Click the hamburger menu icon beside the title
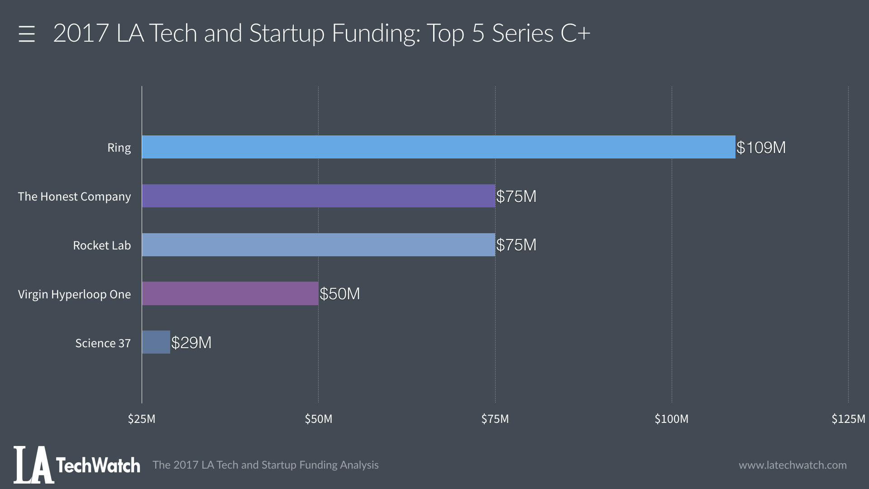27,34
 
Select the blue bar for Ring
438,147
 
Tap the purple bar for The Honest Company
318,196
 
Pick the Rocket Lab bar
318,245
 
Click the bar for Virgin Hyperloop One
230,293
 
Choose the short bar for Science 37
156,342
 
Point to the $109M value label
761,148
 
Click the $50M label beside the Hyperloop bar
340,294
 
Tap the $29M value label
191,343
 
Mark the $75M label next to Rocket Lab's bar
516,245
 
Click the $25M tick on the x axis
142,419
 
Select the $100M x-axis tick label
672,419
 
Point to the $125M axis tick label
848,419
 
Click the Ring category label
119,148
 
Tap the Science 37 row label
103,343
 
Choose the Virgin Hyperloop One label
74,294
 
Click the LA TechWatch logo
77,465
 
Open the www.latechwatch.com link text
793,465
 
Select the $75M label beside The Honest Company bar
516,197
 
